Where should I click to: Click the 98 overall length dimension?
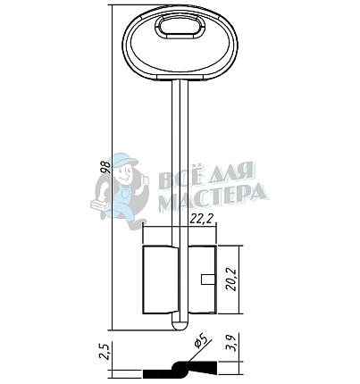pyautogui.click(x=105, y=167)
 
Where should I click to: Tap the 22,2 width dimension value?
pyautogui.click(x=202, y=219)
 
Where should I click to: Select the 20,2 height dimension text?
pyautogui.click(x=231, y=280)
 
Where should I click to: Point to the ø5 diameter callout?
pyautogui.click(x=200, y=340)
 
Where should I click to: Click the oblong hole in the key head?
pyautogui.click(x=180, y=27)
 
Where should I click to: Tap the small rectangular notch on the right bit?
pyautogui.click(x=206, y=280)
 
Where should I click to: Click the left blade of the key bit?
pyautogui.click(x=161, y=280)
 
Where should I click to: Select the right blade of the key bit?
pyautogui.click(x=202, y=280)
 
